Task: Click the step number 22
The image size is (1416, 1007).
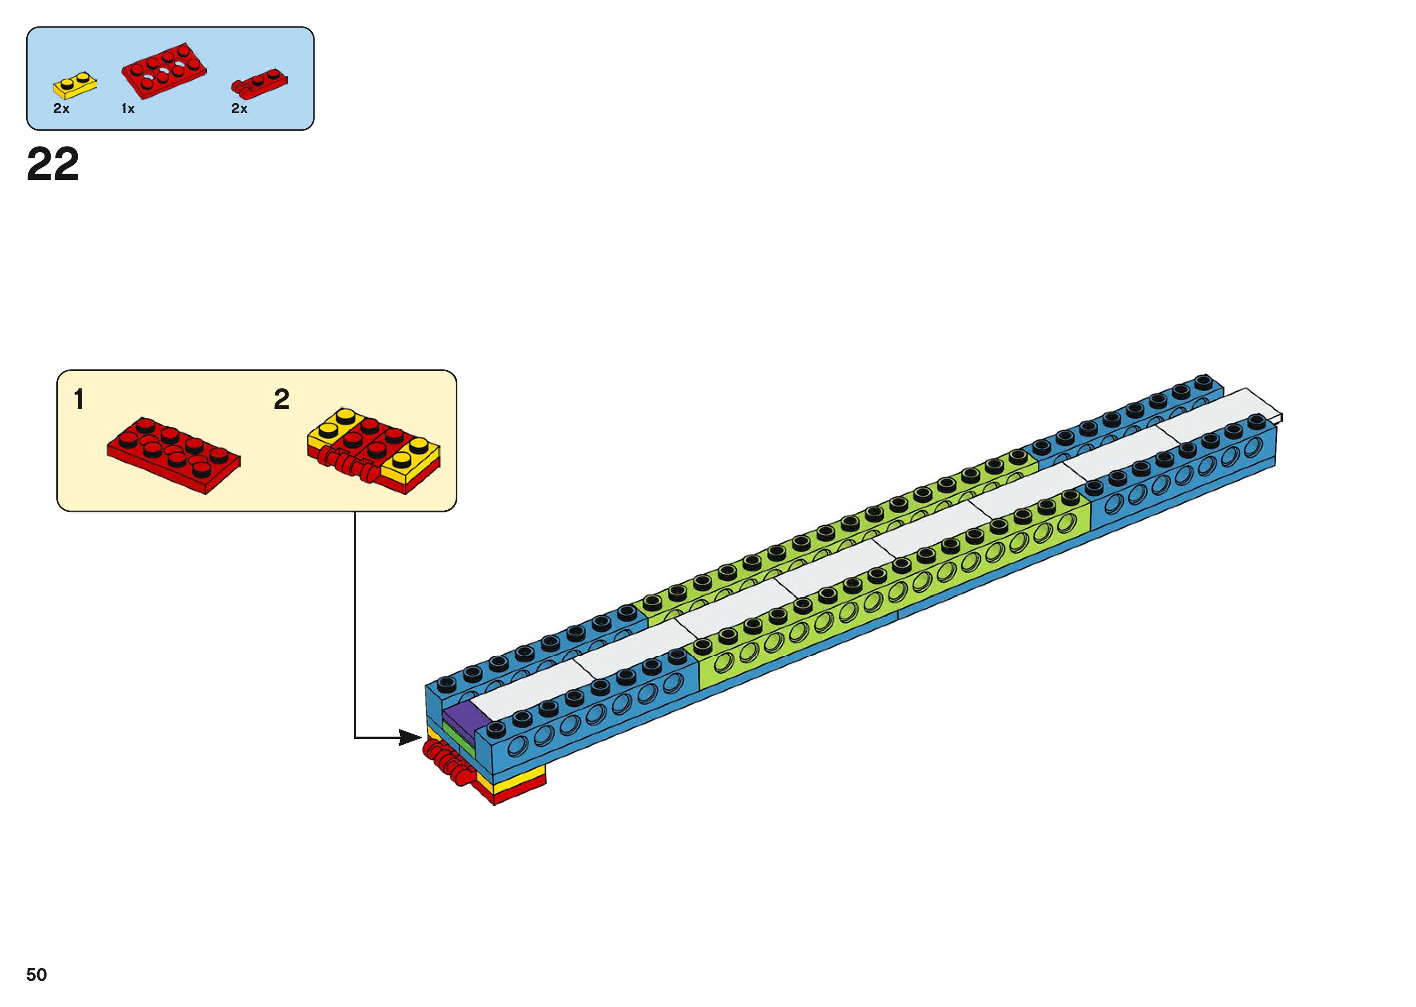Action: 53,164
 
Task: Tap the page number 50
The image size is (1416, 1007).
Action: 36,975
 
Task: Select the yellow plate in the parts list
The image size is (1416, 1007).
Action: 75,85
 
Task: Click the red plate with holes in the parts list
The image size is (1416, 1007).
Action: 164,71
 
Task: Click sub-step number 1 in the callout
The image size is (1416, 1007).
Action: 79,399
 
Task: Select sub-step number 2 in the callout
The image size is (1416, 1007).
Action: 282,399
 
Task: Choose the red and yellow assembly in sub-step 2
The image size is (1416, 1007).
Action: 374,449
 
